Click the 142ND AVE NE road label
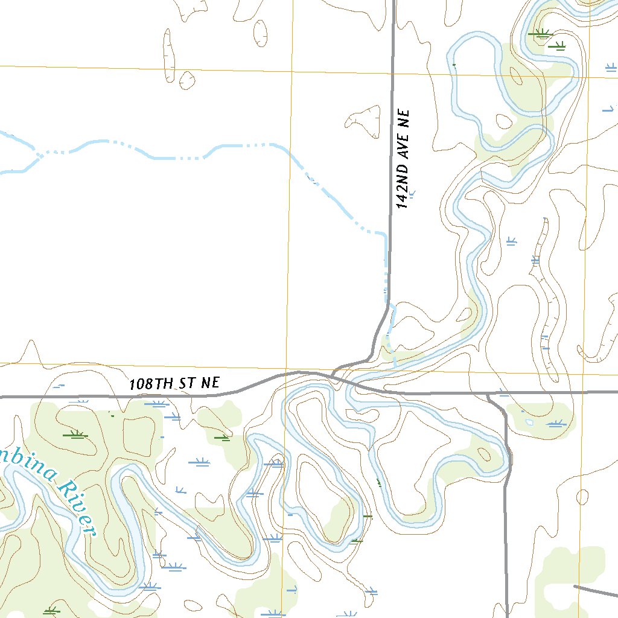click(x=403, y=159)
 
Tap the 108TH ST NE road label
click(x=174, y=383)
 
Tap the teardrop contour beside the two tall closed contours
click(x=186, y=80)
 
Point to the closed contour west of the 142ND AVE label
click(x=365, y=119)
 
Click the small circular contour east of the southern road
click(x=582, y=497)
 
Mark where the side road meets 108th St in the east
click(x=488, y=393)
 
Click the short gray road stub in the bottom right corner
click(x=594, y=591)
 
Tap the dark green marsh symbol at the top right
click(x=541, y=34)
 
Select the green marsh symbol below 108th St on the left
click(x=76, y=434)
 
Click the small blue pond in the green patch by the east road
click(x=529, y=422)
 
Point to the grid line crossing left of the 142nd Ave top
click(x=291, y=69)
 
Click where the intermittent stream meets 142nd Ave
click(x=386, y=233)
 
